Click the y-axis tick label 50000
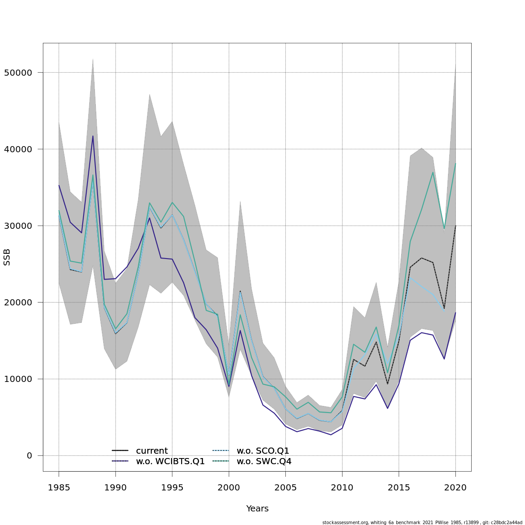tap(18, 73)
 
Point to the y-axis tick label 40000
tap(18, 149)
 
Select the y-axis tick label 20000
tap(18, 302)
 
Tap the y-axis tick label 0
tap(29, 455)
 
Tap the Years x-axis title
tap(257, 509)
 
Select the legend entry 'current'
tap(151, 451)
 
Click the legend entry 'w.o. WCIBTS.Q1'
tap(170, 462)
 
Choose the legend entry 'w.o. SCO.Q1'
tap(262, 451)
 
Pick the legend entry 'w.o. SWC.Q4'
tap(264, 462)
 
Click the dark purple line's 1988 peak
tap(93, 136)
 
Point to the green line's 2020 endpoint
tap(455, 164)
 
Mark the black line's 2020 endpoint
tap(455, 226)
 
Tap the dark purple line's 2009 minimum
tap(331, 434)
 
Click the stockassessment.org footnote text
tap(422, 522)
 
